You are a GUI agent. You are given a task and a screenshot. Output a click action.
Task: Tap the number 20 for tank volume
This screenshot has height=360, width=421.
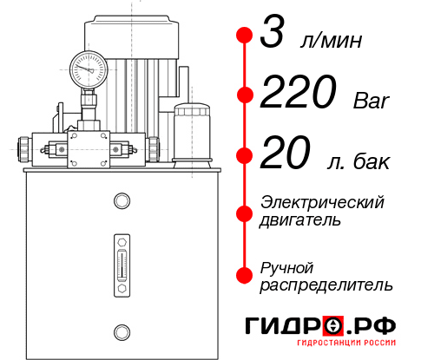click(x=284, y=156)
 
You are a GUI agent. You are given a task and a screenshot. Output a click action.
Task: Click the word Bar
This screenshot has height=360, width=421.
click(x=372, y=101)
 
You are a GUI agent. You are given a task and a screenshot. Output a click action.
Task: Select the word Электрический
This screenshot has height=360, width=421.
click(x=322, y=202)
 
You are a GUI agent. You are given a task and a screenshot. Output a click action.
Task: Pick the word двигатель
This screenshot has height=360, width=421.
click(x=300, y=220)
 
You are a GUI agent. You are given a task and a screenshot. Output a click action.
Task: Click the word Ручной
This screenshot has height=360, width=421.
click(x=286, y=266)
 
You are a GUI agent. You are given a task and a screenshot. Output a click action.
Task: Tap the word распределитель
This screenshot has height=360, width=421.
click(x=326, y=285)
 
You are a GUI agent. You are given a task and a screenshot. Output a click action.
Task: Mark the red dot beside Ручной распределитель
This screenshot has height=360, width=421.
click(x=245, y=275)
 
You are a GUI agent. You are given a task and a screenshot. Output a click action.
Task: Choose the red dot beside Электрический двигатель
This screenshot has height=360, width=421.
click(x=245, y=211)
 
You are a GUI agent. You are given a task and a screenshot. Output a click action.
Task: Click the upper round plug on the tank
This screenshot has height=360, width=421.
click(x=121, y=202)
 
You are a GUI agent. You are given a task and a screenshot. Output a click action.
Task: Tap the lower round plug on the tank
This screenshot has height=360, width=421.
click(x=121, y=331)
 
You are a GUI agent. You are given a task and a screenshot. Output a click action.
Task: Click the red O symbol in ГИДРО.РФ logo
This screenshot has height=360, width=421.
click(x=333, y=325)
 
